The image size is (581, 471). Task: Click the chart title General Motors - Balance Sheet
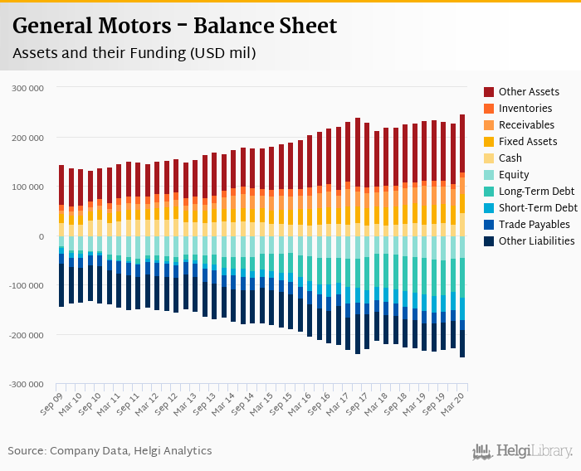tap(175, 26)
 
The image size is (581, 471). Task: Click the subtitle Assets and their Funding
tap(134, 53)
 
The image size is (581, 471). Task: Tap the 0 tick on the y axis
tap(40, 236)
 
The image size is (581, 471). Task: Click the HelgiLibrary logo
tap(523, 451)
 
